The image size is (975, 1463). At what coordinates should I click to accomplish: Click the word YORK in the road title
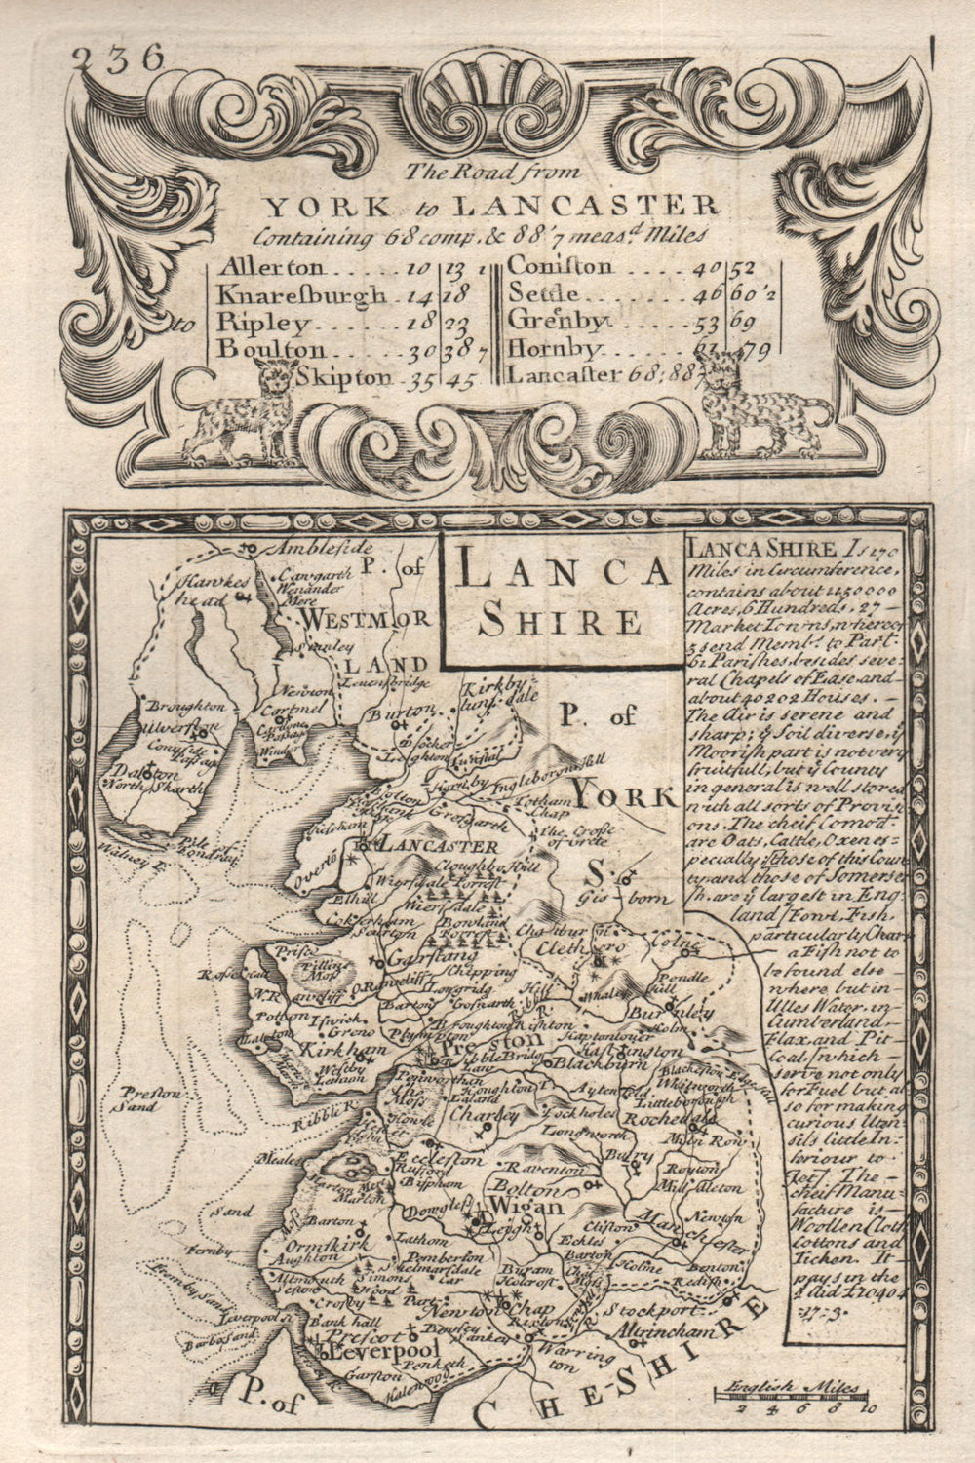(313, 206)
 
